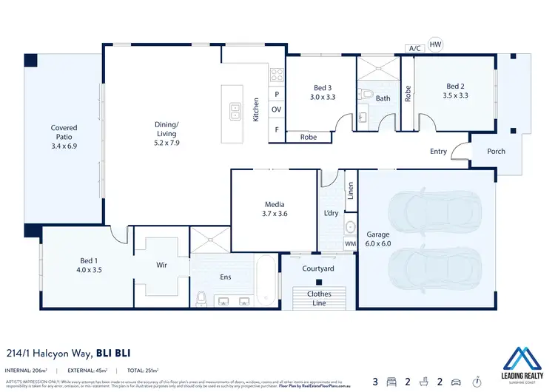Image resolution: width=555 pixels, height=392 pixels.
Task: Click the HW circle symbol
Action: click(x=435, y=44)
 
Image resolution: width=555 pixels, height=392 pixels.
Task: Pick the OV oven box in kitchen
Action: click(x=277, y=109)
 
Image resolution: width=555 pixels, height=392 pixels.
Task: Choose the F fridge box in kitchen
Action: click(x=277, y=129)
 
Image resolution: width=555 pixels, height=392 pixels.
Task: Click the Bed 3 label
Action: click(x=323, y=91)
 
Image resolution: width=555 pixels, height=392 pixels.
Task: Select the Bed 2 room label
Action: click(x=455, y=91)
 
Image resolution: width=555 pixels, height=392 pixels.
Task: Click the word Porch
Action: click(x=496, y=152)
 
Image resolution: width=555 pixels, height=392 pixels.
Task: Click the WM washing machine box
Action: click(x=349, y=243)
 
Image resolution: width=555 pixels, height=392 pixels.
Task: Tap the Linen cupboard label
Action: click(x=350, y=191)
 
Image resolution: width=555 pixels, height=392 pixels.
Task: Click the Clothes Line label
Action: click(x=319, y=298)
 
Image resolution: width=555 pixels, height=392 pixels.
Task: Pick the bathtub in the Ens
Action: click(x=267, y=280)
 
